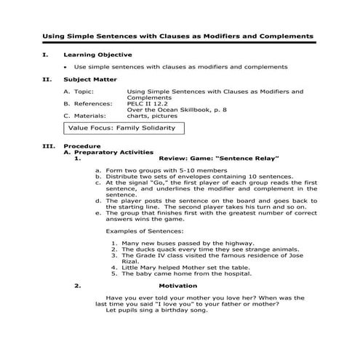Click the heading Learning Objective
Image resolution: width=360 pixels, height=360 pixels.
click(97, 55)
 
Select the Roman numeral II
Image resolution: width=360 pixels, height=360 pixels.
click(47, 79)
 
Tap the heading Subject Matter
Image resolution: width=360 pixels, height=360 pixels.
click(90, 79)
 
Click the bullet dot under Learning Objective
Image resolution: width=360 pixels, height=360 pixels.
click(66, 67)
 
